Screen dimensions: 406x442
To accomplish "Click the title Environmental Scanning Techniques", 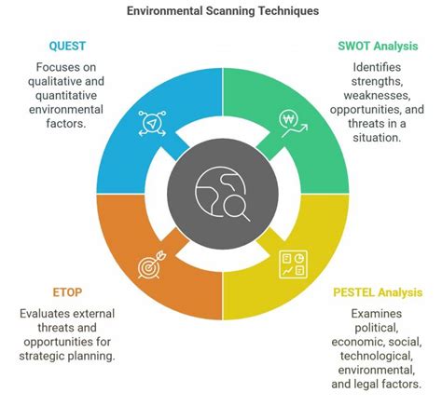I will [x=221, y=12].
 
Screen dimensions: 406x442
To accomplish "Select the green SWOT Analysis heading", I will [x=378, y=45].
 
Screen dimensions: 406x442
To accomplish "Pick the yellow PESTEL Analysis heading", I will [x=378, y=291].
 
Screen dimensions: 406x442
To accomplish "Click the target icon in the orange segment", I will [x=149, y=266].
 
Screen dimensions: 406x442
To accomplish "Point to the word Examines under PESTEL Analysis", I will [x=378, y=314].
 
